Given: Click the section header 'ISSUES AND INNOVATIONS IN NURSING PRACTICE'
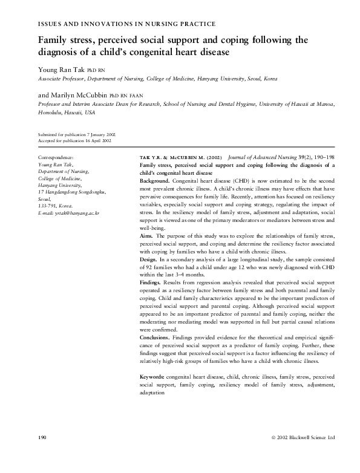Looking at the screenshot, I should click(126, 24).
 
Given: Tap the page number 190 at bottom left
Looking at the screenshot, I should click(42, 437).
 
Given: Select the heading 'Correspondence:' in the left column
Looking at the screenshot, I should click(56, 157).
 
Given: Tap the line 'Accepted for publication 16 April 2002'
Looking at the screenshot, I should click(74, 140).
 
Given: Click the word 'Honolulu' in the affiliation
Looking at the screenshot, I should click(51, 113).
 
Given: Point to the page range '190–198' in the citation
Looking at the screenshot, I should click(326, 157).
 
